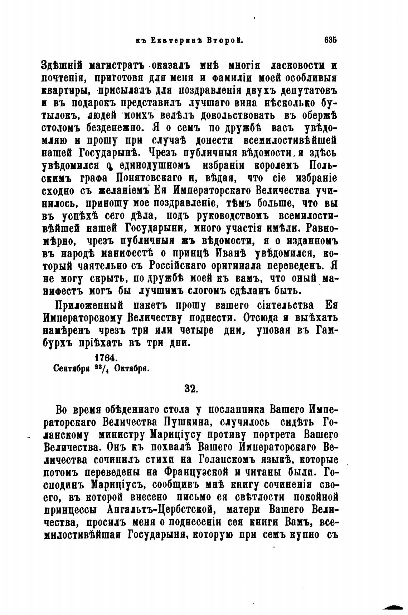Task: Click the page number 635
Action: [331, 40]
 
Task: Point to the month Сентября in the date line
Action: [71, 368]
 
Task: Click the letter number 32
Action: [191, 389]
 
